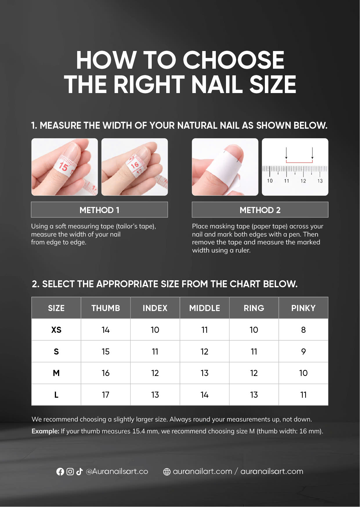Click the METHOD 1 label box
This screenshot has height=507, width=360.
(99, 210)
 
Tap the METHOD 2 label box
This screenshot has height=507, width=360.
(260, 210)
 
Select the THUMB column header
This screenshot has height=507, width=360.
(106, 308)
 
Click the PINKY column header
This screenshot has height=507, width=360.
(303, 308)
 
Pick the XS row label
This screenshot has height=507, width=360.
(56, 330)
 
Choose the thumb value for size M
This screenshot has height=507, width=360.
(106, 373)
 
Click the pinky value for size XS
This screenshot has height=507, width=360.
(303, 330)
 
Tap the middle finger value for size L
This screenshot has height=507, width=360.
(205, 395)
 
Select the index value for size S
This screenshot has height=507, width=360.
(155, 352)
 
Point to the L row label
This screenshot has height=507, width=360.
(56, 395)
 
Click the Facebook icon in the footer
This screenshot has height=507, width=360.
(60, 472)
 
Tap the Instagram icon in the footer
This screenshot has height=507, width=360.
(70, 472)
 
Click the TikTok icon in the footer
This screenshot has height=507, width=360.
(79, 472)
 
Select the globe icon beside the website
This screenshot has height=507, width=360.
(167, 472)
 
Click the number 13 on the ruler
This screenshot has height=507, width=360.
(320, 181)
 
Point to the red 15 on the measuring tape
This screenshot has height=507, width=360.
(63, 167)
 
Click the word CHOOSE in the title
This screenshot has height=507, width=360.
(234, 60)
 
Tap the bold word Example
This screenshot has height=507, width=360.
(45, 431)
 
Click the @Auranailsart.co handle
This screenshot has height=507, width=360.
(117, 472)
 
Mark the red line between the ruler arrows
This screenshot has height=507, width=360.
(299, 162)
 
